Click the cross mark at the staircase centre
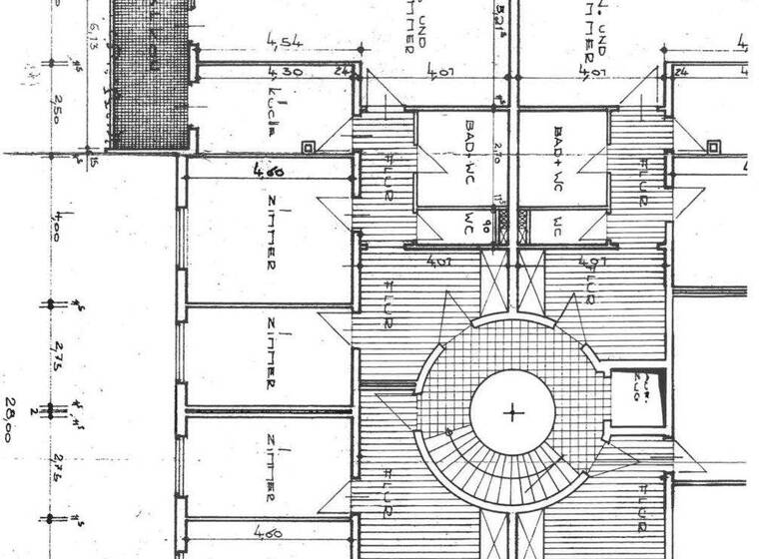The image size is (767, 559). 513,412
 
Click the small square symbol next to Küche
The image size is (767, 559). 309,148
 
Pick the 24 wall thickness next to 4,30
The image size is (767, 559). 342,72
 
